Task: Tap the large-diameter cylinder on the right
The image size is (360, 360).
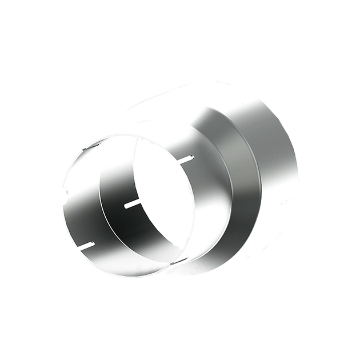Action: click(274, 171)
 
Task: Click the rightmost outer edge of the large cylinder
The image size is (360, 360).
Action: click(299, 171)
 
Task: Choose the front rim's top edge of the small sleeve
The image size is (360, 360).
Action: click(109, 139)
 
